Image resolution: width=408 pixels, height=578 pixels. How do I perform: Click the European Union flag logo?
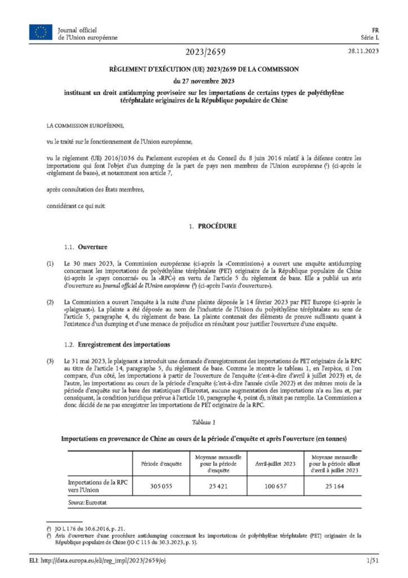coord(41,33)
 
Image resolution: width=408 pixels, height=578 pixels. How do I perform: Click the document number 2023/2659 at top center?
coord(204,52)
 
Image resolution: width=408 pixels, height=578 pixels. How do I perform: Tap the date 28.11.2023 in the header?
coord(363,52)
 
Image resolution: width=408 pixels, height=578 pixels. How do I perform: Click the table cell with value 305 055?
coord(161,487)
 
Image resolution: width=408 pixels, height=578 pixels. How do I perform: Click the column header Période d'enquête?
coord(161,463)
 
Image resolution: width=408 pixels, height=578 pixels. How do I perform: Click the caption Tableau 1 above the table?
coord(203,422)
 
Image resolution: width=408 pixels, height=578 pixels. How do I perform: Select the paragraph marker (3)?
coord(51,361)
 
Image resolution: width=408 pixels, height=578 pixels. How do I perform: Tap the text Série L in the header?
coord(370,37)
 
